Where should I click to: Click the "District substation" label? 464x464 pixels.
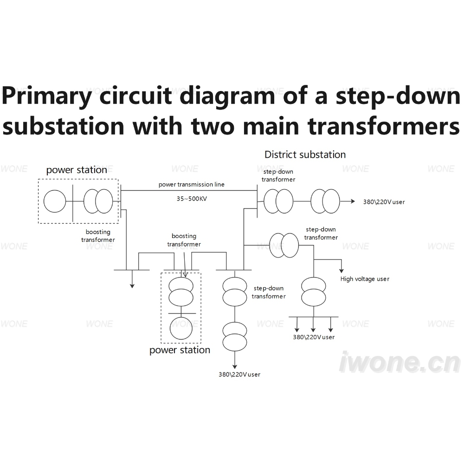(x=305, y=155)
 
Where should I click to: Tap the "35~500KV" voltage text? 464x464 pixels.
(x=192, y=199)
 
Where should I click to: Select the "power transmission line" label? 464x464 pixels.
(x=192, y=184)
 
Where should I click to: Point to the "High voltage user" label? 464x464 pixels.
(x=365, y=279)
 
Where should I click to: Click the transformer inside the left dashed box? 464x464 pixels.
(x=98, y=201)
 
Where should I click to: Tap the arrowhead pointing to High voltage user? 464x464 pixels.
(x=342, y=271)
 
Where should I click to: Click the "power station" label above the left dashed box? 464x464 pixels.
(x=77, y=170)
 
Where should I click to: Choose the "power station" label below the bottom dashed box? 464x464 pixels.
(x=180, y=350)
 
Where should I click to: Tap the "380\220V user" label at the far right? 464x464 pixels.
(x=384, y=202)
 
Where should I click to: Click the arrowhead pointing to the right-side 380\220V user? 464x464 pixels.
(x=353, y=201)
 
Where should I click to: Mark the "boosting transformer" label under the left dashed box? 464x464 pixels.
(x=98, y=236)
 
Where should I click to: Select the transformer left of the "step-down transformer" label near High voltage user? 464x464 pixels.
(x=284, y=245)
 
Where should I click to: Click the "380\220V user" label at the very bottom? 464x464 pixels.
(x=239, y=374)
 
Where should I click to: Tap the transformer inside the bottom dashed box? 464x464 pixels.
(x=181, y=292)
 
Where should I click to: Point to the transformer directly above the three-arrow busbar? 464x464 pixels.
(x=313, y=292)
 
